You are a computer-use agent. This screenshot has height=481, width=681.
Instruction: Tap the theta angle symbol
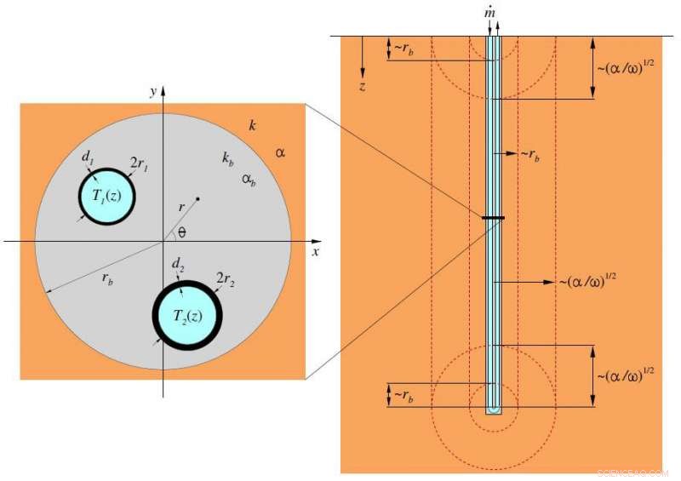182,232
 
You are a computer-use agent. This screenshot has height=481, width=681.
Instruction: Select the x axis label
314,252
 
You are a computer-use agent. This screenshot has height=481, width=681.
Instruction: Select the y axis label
151,90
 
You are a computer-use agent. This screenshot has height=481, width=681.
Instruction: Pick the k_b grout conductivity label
229,158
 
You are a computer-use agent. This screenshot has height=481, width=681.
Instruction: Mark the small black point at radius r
197,199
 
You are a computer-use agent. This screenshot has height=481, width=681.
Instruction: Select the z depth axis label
363,86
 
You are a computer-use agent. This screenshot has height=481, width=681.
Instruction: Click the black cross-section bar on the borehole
493,219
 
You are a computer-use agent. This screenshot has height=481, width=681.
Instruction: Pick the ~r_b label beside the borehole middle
529,154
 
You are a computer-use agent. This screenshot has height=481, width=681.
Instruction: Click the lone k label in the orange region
252,126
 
